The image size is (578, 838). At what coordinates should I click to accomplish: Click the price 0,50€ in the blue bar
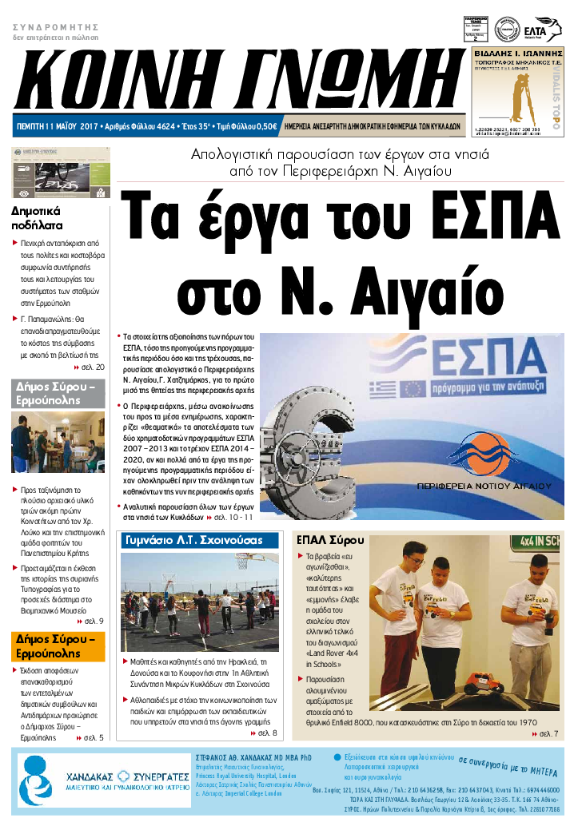point(263,126)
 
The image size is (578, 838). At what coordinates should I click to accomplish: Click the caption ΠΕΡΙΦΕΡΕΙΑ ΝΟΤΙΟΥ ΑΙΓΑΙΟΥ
point(484,486)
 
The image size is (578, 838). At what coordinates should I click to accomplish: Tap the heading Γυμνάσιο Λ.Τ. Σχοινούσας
point(193,541)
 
